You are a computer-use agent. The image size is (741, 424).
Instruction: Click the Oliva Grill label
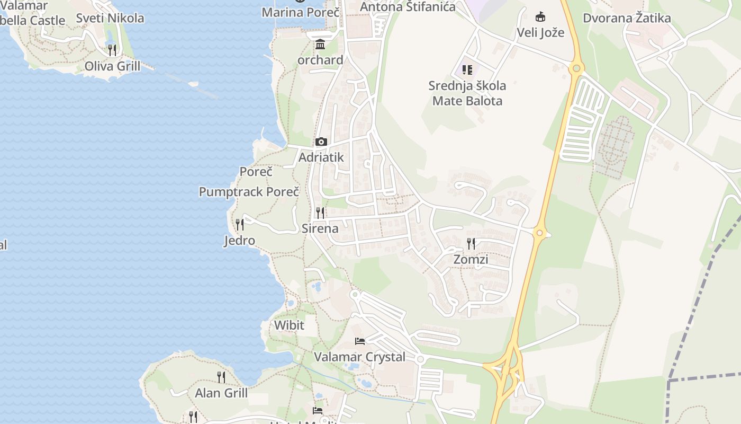[x=112, y=66]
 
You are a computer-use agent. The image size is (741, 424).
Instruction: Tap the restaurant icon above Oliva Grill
[x=112, y=50]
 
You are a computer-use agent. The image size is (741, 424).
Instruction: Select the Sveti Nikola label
[x=110, y=18]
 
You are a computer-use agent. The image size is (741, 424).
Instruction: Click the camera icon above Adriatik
[x=321, y=142]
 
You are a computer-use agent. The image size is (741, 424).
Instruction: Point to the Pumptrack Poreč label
[x=249, y=192]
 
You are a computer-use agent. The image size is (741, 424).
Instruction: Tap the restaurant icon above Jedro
[x=240, y=225]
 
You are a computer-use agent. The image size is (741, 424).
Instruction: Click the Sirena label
[x=320, y=228]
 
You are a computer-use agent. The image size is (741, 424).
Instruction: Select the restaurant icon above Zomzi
[x=471, y=244]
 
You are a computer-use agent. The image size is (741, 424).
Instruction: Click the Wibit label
[x=289, y=325]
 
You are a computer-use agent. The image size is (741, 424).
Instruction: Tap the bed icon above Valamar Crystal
[x=360, y=341]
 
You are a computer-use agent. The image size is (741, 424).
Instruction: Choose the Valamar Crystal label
[x=360, y=357]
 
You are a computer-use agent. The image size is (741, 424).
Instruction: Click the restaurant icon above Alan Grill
[x=221, y=377]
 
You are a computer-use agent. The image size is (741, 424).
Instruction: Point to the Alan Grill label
[x=221, y=393]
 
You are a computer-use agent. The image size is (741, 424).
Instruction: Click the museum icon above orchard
[x=320, y=44]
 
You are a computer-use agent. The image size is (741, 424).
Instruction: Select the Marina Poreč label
[x=300, y=12]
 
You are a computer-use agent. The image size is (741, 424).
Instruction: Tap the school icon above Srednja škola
[x=467, y=70]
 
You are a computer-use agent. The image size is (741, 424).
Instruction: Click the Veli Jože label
[x=540, y=32]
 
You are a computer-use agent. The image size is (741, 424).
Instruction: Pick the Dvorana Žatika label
[x=627, y=18]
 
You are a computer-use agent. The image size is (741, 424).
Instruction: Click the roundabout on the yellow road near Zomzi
[x=539, y=232]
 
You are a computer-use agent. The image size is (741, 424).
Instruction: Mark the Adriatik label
[x=321, y=157]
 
